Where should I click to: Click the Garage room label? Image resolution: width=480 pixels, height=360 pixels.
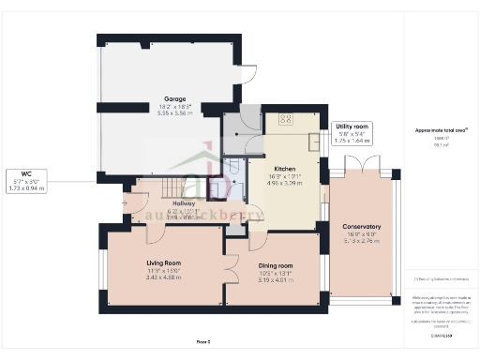tap(174, 98)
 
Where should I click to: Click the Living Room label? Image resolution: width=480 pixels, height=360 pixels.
tap(163, 263)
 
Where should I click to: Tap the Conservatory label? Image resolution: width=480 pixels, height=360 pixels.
tap(361, 226)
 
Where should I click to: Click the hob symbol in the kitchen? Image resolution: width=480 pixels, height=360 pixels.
tap(285, 118)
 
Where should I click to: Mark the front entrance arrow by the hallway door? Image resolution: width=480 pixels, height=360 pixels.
tap(125, 198)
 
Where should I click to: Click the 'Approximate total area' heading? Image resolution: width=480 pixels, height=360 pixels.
tap(440, 129)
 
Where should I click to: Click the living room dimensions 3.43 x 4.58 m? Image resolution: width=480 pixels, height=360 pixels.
tap(163, 277)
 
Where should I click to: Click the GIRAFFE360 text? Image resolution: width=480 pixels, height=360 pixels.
tap(440, 333)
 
